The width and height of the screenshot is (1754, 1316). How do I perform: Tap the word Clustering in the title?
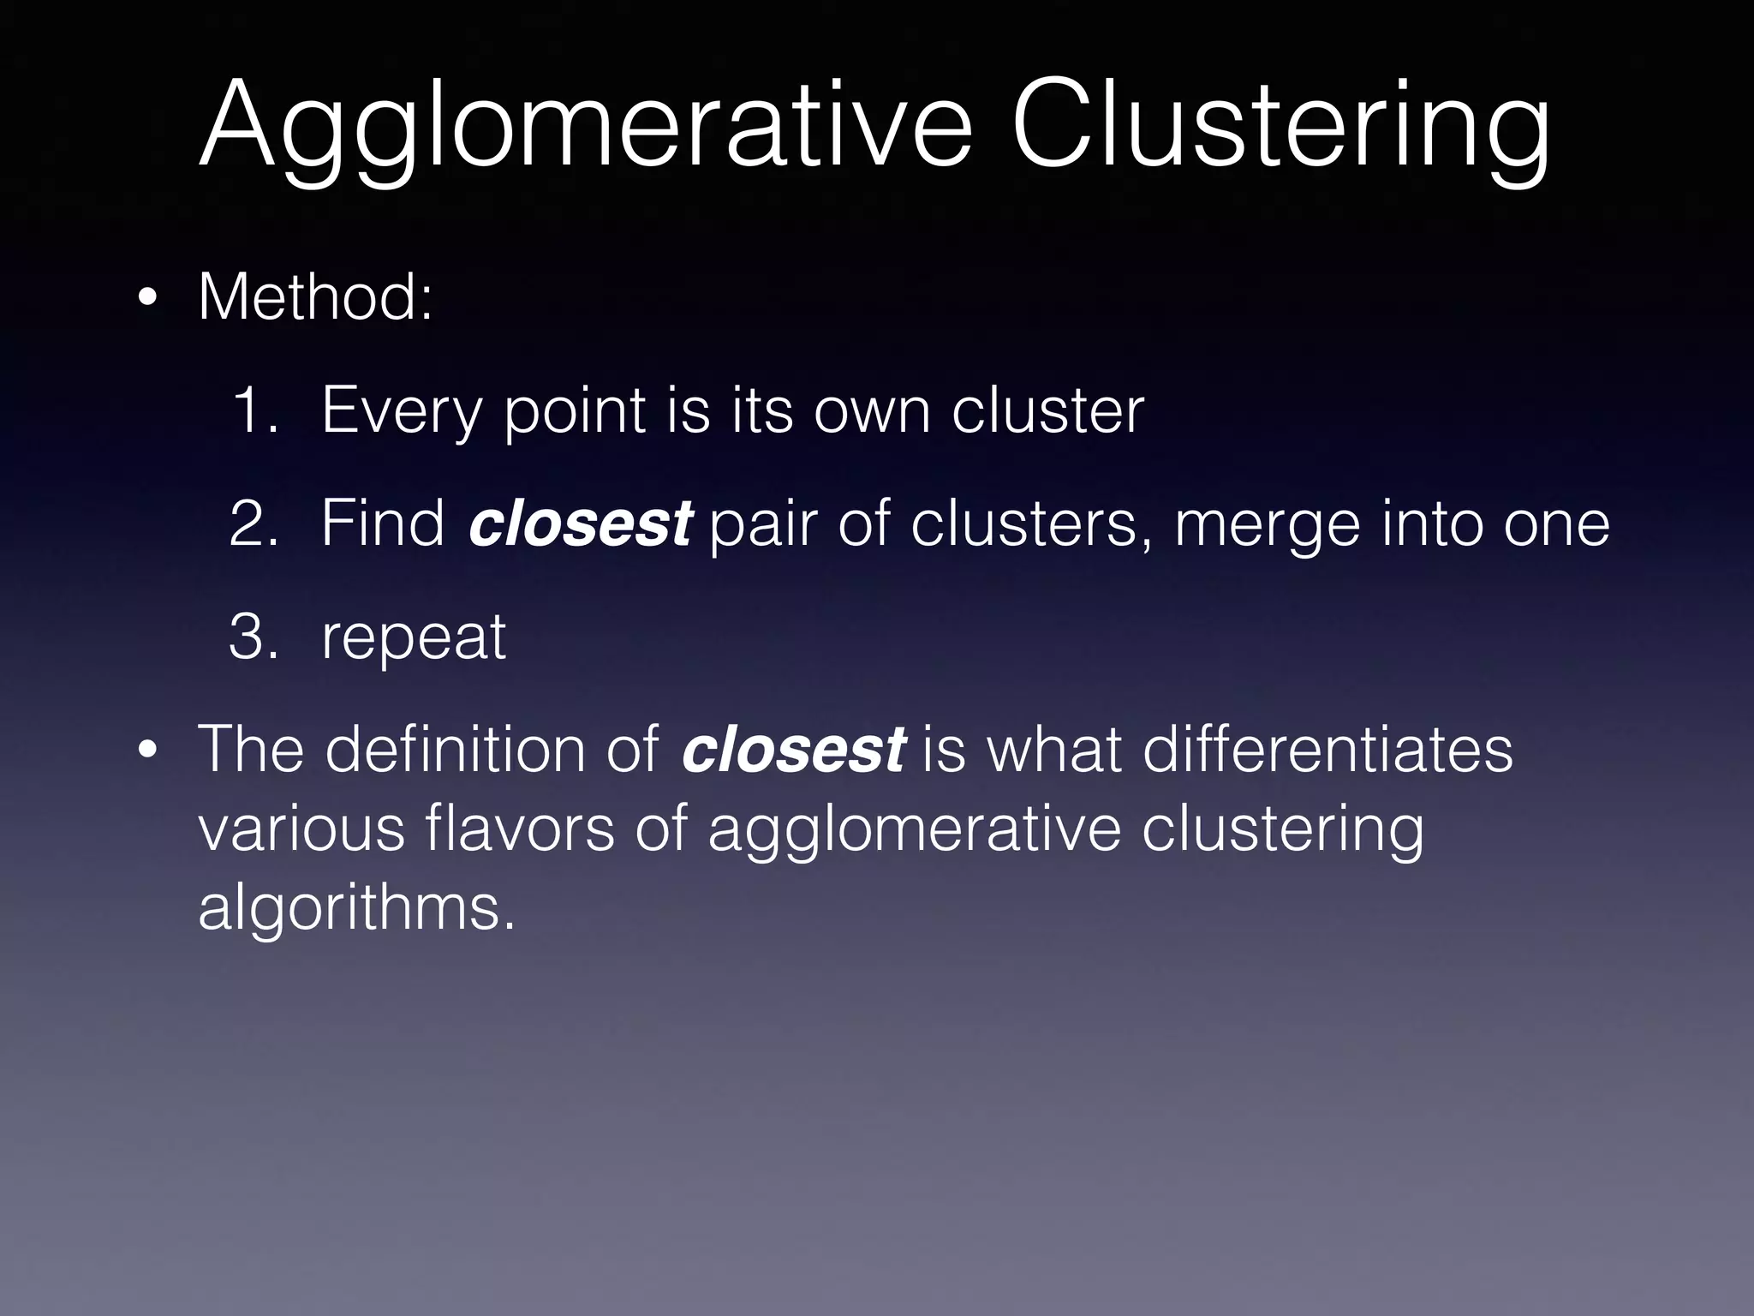1280,127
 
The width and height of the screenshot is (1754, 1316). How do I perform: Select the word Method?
315,296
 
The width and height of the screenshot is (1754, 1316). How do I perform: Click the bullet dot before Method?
148,299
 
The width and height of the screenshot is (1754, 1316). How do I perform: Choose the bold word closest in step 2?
580,523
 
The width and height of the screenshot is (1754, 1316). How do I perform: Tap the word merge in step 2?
1267,525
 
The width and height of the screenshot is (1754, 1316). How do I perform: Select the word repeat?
414,638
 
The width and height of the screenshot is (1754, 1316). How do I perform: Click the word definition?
456,750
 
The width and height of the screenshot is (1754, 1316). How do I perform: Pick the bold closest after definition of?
793,750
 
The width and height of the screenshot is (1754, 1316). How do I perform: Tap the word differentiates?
1327,750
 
